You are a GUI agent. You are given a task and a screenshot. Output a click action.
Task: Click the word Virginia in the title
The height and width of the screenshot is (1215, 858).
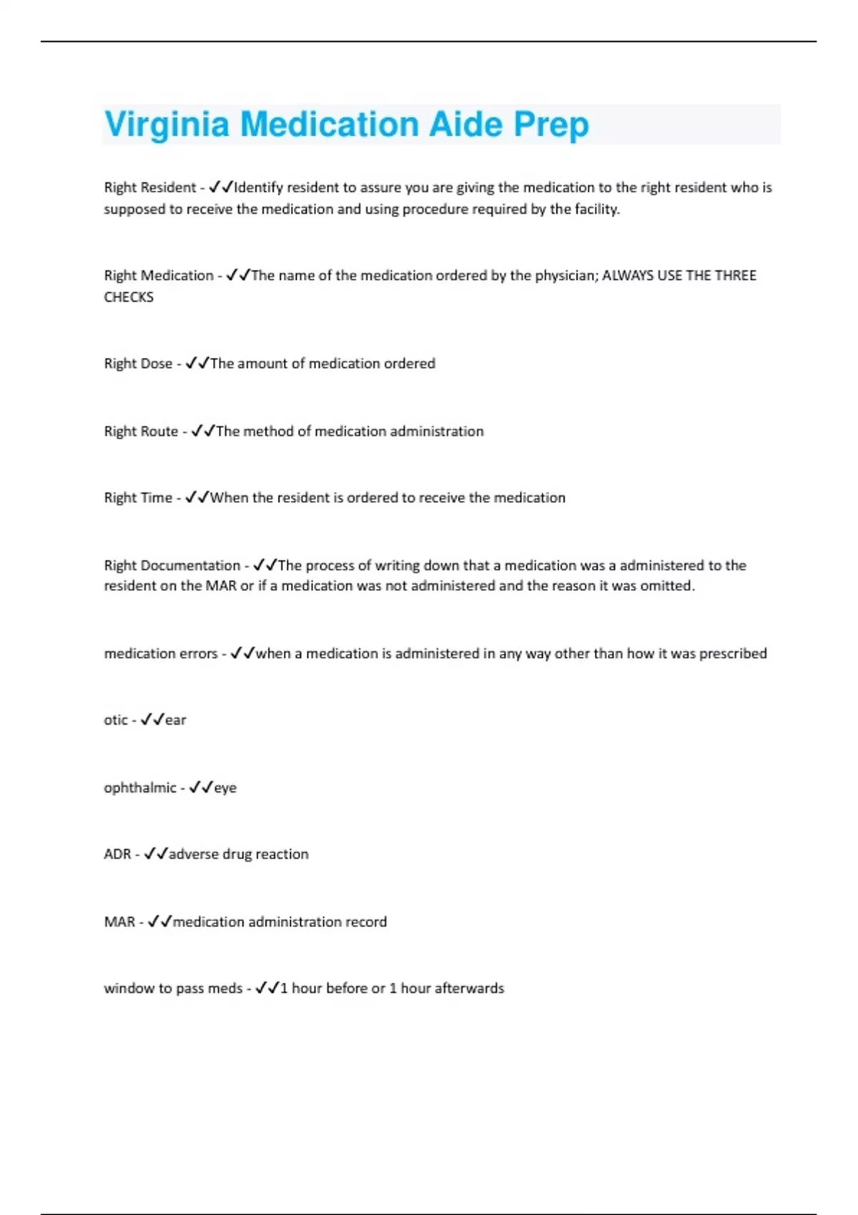click(167, 124)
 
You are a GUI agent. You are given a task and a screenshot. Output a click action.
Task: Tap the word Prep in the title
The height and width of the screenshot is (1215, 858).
click(551, 124)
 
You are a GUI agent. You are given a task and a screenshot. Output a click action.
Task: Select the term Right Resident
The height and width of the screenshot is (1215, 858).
click(149, 187)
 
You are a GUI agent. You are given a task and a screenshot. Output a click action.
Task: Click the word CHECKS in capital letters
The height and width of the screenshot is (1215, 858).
click(129, 297)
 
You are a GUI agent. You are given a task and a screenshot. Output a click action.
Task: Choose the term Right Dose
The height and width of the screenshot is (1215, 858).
click(138, 363)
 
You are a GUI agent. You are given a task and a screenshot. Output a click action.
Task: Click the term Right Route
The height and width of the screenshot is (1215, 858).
click(141, 431)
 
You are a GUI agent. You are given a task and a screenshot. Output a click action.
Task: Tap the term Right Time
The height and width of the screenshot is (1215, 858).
click(138, 497)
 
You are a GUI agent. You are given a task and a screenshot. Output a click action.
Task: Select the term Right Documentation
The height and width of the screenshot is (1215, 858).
click(172, 565)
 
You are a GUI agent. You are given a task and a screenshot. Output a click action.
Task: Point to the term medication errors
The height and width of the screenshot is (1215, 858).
click(161, 653)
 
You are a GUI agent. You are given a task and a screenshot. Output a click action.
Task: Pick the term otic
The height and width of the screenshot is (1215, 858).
click(116, 720)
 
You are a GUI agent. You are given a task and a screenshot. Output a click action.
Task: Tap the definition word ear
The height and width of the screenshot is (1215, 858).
click(176, 720)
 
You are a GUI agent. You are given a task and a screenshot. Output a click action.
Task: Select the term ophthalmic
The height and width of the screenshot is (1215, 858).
click(140, 788)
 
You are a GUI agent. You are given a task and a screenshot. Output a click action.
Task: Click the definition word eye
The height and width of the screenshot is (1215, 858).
click(225, 788)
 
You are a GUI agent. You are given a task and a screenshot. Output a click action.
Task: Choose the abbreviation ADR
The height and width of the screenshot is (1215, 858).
click(117, 854)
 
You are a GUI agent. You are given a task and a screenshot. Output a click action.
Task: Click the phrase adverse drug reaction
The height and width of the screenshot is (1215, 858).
click(239, 854)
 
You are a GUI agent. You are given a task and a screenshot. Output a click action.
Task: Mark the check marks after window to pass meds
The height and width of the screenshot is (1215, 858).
click(267, 988)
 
